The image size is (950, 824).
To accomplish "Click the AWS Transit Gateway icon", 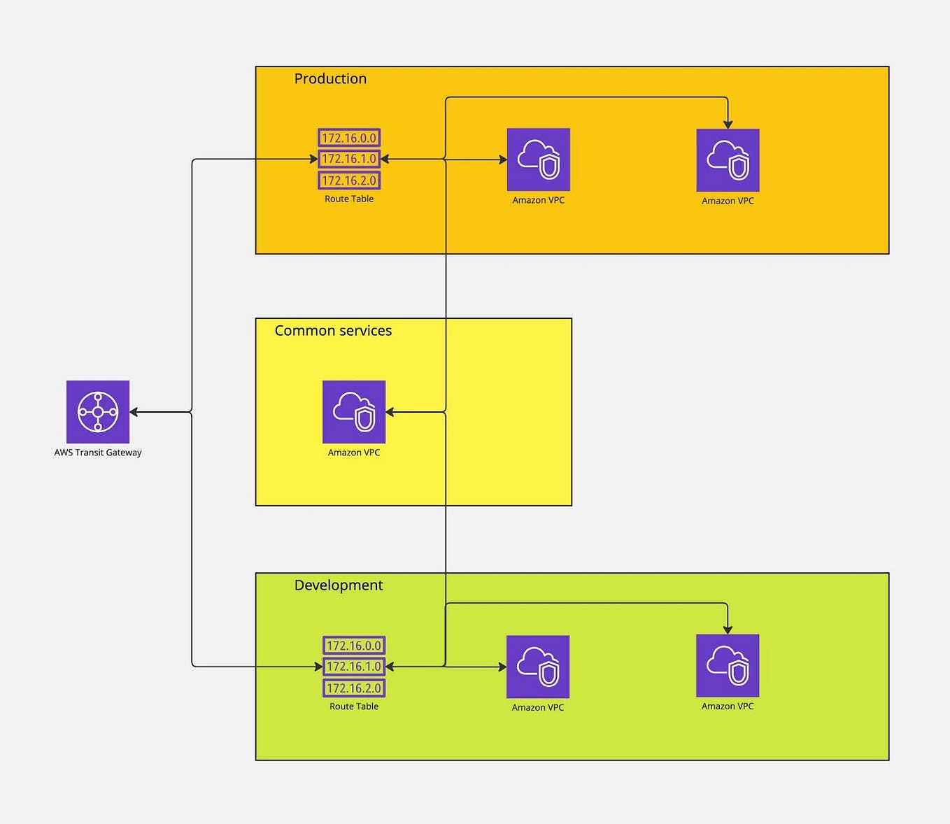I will [98, 411].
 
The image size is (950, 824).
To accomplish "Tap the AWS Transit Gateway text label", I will [98, 453].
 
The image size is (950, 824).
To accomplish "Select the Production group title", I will [330, 78].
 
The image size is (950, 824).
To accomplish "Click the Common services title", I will [333, 330].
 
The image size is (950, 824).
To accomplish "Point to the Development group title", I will [339, 585].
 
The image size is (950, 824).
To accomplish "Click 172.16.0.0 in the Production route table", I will [349, 138].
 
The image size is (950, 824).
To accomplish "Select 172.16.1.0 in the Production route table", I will [349, 159].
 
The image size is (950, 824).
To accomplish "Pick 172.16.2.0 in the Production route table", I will [349, 180].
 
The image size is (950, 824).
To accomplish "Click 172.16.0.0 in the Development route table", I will [354, 646].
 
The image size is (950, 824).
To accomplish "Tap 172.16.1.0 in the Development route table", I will [354, 667].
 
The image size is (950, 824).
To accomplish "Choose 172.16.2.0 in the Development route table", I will [354, 688].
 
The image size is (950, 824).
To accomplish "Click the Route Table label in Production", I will [349, 199].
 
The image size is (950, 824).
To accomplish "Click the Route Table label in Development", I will [354, 706].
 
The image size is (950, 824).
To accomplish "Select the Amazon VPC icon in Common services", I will [354, 411].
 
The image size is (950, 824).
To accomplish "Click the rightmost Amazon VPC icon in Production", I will [728, 160].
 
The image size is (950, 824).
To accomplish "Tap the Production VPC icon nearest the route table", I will [539, 159].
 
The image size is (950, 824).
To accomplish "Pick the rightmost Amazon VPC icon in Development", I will [728, 666].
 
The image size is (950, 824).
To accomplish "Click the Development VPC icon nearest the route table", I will [538, 667].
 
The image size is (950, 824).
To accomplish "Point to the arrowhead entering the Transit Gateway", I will [134, 412].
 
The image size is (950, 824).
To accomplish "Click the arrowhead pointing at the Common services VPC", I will [390, 412].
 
